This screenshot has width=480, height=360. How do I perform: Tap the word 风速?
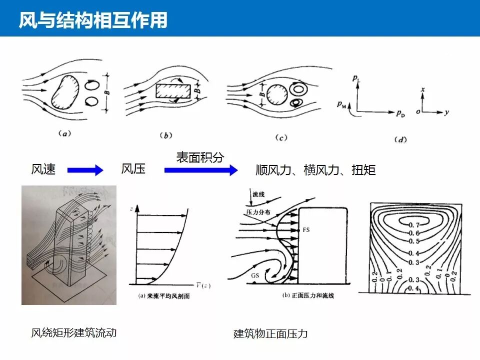43,169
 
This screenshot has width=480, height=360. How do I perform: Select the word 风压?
133,169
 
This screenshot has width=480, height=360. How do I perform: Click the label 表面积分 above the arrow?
200,157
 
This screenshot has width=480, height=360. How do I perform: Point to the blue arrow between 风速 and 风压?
84,170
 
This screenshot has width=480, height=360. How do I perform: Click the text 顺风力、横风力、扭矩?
315,170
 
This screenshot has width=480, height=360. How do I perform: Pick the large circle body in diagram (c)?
276,93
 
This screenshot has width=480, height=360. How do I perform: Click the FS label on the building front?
306,230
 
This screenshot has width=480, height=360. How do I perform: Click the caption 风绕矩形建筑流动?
74,332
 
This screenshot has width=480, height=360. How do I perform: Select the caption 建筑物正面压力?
270,334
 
